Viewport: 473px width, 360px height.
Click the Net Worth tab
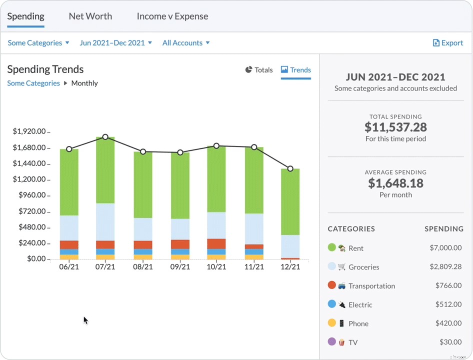tap(90, 16)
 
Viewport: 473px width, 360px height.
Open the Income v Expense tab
tap(172, 16)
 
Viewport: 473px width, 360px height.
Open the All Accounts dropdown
tap(185, 43)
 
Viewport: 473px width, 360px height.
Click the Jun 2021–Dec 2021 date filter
tap(115, 43)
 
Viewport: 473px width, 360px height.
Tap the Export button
tap(448, 43)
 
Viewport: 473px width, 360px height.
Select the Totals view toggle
tap(259, 70)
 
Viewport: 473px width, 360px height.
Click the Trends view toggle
tap(296, 70)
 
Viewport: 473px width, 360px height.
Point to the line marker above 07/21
tap(105, 137)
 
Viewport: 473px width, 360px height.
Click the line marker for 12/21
tap(290, 169)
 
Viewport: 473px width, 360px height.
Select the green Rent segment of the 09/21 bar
tap(180, 185)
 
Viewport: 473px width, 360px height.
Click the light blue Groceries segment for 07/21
tap(105, 221)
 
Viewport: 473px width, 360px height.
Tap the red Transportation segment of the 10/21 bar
tap(216, 243)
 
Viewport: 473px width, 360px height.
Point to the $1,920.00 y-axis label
tap(29, 131)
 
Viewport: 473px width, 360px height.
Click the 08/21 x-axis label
tap(142, 267)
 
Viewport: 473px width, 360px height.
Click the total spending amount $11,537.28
tap(395, 127)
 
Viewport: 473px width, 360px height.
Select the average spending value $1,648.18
tap(395, 183)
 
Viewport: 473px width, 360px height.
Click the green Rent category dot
tap(331, 247)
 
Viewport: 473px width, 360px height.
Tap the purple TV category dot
tap(331, 341)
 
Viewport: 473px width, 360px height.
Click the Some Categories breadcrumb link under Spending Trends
tap(33, 83)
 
